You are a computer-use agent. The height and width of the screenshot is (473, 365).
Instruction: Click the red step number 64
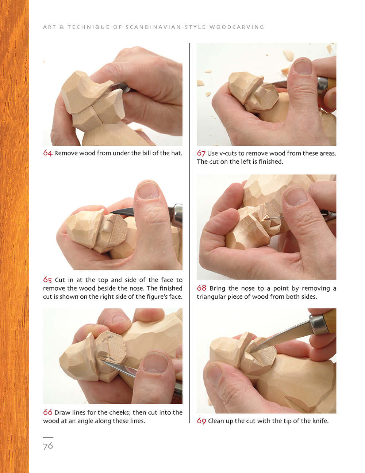47,153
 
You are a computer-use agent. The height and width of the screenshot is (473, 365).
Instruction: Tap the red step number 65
47,280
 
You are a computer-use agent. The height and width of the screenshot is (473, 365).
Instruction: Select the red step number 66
47,412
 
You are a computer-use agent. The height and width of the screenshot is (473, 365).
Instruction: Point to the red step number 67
201,153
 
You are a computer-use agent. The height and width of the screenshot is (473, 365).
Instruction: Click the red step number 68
201,288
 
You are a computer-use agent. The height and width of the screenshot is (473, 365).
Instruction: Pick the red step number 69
201,421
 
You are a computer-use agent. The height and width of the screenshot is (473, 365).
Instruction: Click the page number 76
48,446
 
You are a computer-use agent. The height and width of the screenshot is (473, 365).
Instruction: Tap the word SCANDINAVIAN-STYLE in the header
166,27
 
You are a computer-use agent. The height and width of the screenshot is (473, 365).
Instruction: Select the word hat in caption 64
176,153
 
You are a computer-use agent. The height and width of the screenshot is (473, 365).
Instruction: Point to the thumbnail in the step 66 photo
156,364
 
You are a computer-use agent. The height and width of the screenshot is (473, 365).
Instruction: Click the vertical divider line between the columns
190,234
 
